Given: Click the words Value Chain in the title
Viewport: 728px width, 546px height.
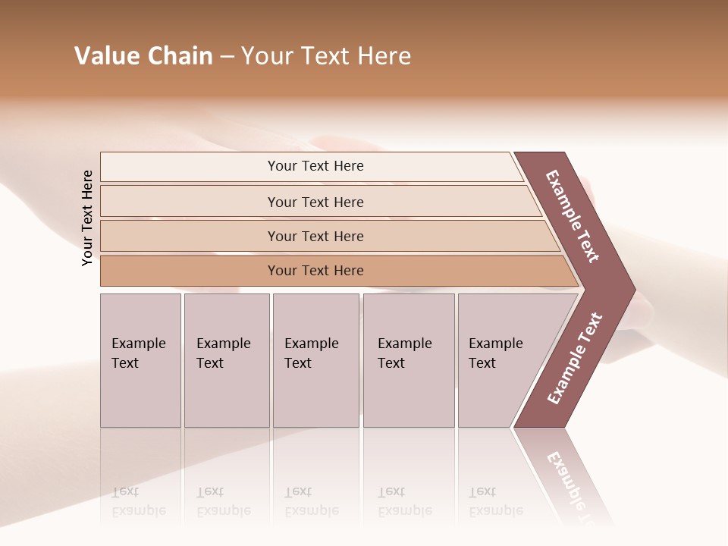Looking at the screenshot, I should [x=143, y=56].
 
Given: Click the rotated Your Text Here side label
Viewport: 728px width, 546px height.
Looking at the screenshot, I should [x=88, y=218].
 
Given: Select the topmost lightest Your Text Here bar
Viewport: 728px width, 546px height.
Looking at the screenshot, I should [x=315, y=166].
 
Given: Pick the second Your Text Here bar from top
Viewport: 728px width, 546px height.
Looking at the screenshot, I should [x=315, y=202].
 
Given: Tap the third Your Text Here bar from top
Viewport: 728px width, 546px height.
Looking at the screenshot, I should [x=315, y=237].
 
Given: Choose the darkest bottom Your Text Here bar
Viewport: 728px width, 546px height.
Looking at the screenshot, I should [x=315, y=271].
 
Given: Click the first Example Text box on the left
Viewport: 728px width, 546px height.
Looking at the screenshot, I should [x=140, y=360].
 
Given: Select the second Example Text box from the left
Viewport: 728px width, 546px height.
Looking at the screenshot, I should [x=226, y=360].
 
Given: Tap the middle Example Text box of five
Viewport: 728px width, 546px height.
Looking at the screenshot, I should [x=315, y=360].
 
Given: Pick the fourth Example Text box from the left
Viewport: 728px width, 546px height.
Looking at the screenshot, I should [x=408, y=360].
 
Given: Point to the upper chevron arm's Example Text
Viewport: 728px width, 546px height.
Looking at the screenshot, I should [x=573, y=216].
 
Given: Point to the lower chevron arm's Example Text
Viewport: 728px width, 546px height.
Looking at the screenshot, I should [x=574, y=358].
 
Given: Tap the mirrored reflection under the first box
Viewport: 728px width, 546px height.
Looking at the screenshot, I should [x=139, y=500].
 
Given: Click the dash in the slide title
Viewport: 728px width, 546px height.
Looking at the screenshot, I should [x=227, y=57].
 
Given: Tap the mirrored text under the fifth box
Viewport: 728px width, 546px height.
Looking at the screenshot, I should [x=495, y=501].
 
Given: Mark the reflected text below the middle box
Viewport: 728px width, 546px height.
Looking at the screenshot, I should [x=311, y=501].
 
